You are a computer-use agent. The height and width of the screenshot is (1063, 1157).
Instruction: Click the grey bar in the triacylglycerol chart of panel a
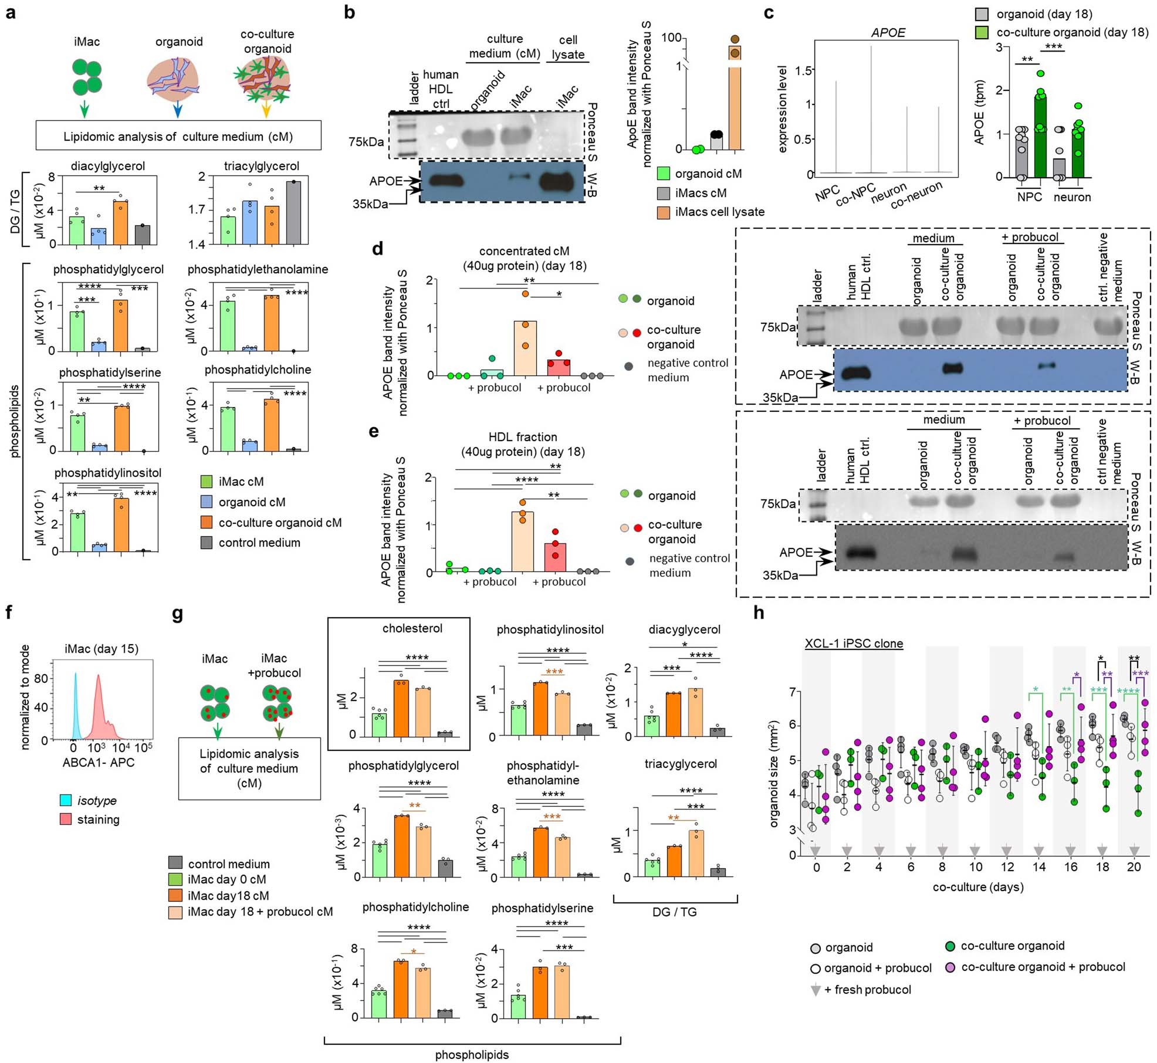click(293, 212)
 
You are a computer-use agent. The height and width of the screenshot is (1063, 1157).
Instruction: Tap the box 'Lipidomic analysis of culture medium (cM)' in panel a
click(178, 136)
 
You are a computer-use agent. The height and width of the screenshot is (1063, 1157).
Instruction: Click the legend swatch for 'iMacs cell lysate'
click(664, 212)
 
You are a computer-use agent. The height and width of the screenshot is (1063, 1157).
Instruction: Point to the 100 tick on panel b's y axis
click(671, 38)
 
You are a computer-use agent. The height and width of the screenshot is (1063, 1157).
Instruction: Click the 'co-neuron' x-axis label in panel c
click(916, 195)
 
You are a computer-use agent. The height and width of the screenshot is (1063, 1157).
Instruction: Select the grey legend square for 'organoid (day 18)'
click(982, 14)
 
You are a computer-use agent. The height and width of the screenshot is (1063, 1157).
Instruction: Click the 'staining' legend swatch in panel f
click(66, 819)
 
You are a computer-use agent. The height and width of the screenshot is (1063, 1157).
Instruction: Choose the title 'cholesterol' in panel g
click(412, 628)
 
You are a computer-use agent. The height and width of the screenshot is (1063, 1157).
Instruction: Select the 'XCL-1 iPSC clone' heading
click(853, 644)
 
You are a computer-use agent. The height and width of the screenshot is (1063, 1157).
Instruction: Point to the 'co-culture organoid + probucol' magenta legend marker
click(950, 966)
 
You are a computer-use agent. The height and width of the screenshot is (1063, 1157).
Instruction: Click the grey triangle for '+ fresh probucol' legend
click(815, 990)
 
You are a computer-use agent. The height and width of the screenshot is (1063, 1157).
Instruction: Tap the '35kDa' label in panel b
click(370, 204)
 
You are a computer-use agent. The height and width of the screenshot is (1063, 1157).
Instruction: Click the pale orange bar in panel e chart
click(522, 541)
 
